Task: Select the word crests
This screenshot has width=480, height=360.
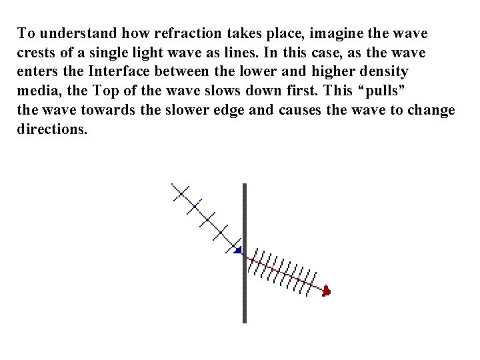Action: pyautogui.click(x=35, y=51)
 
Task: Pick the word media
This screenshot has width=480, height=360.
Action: pyautogui.click(x=37, y=90)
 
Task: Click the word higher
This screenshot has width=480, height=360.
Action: pyautogui.click(x=333, y=71)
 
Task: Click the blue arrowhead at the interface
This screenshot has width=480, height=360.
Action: pyautogui.click(x=237, y=250)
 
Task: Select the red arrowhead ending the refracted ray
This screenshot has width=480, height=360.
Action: pyautogui.click(x=326, y=291)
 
